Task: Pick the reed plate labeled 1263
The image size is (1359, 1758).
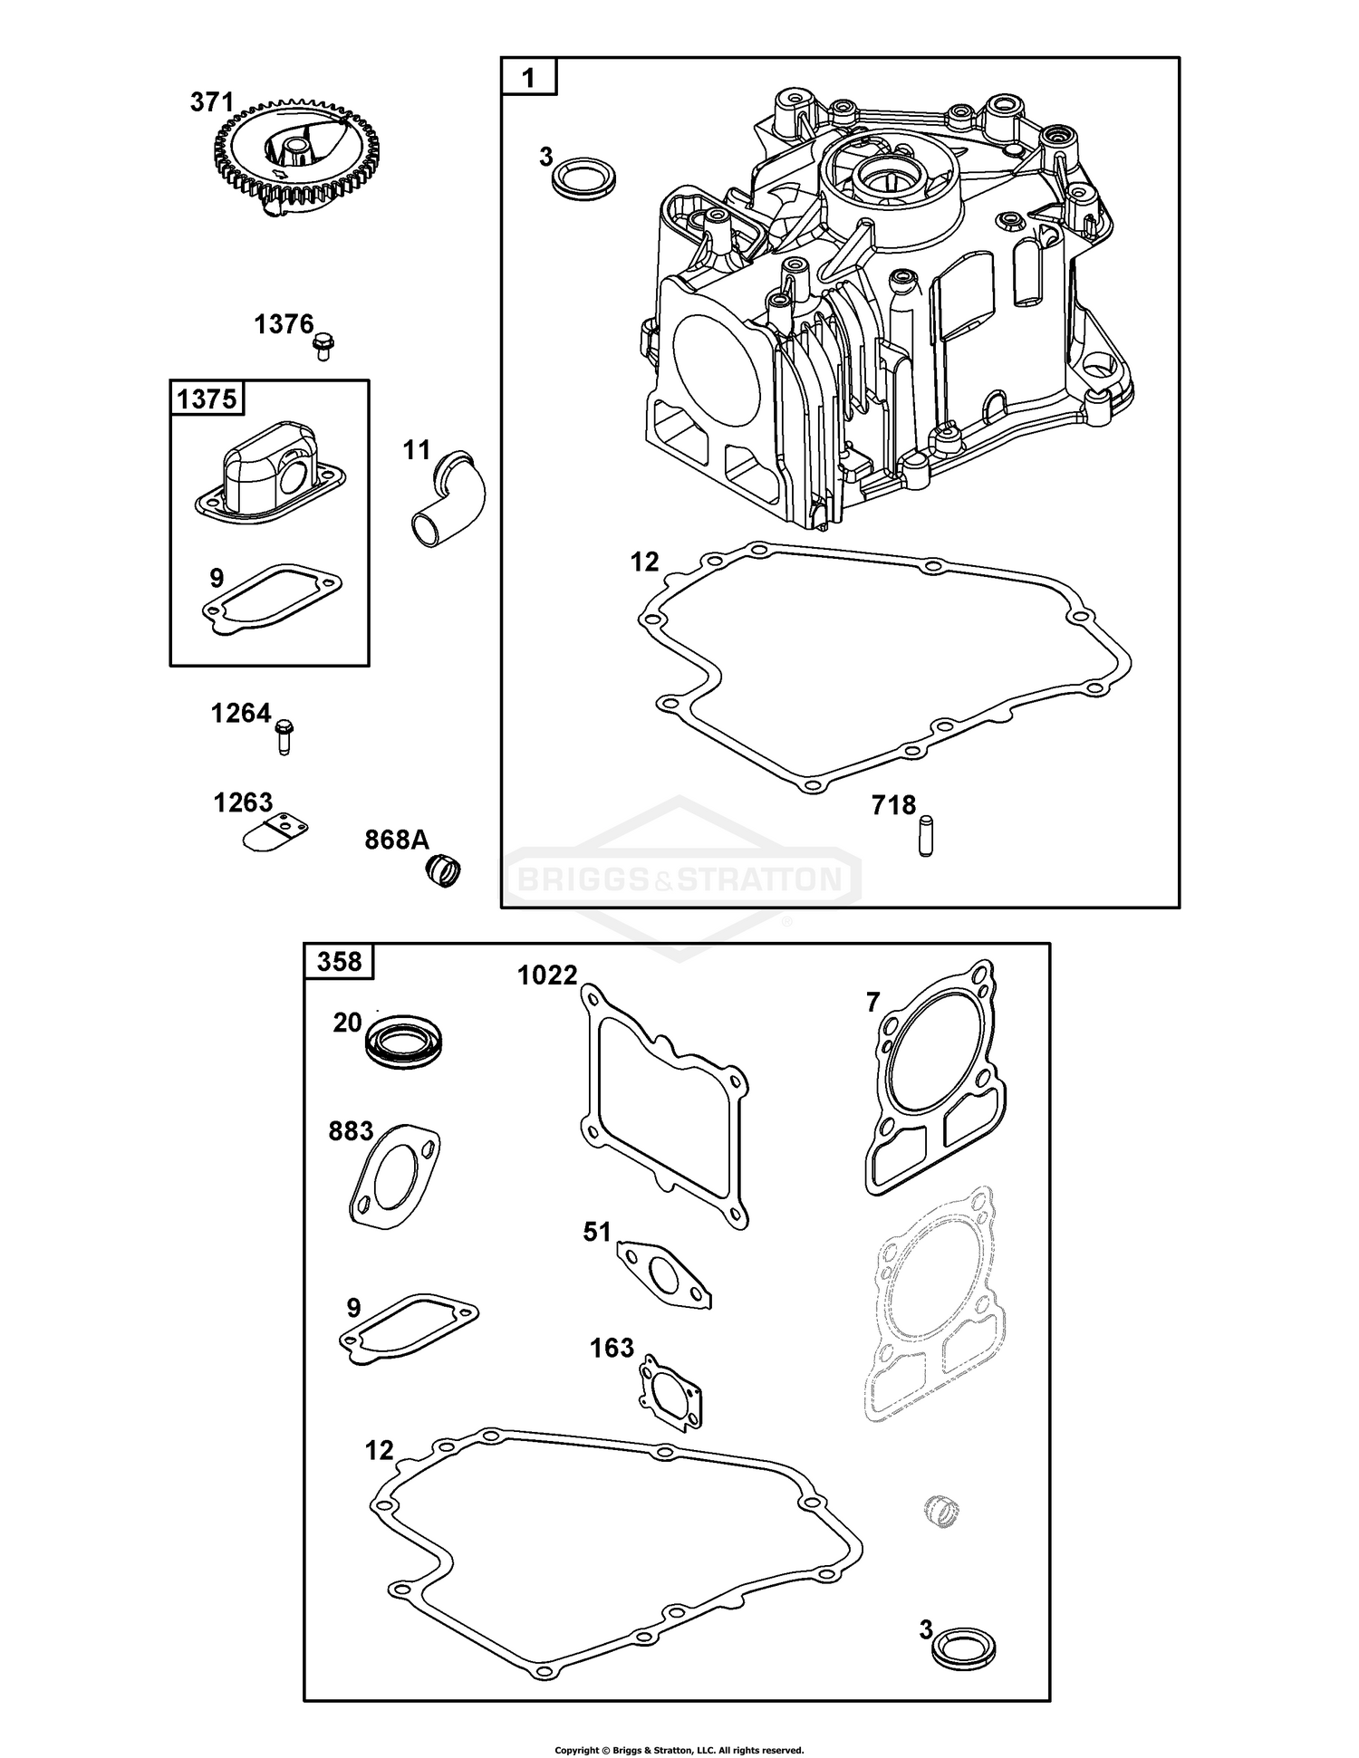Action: click(275, 832)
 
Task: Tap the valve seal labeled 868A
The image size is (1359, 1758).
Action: click(444, 869)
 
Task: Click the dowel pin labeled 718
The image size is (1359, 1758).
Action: click(925, 836)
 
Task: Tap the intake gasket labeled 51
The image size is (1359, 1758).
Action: click(664, 1274)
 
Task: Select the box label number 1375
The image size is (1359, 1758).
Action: click(207, 399)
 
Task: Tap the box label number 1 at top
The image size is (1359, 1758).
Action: click(529, 78)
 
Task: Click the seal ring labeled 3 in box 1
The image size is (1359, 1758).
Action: click(584, 174)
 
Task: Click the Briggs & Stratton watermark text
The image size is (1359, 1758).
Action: click(679, 878)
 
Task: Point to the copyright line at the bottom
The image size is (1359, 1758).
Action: click(679, 1750)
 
